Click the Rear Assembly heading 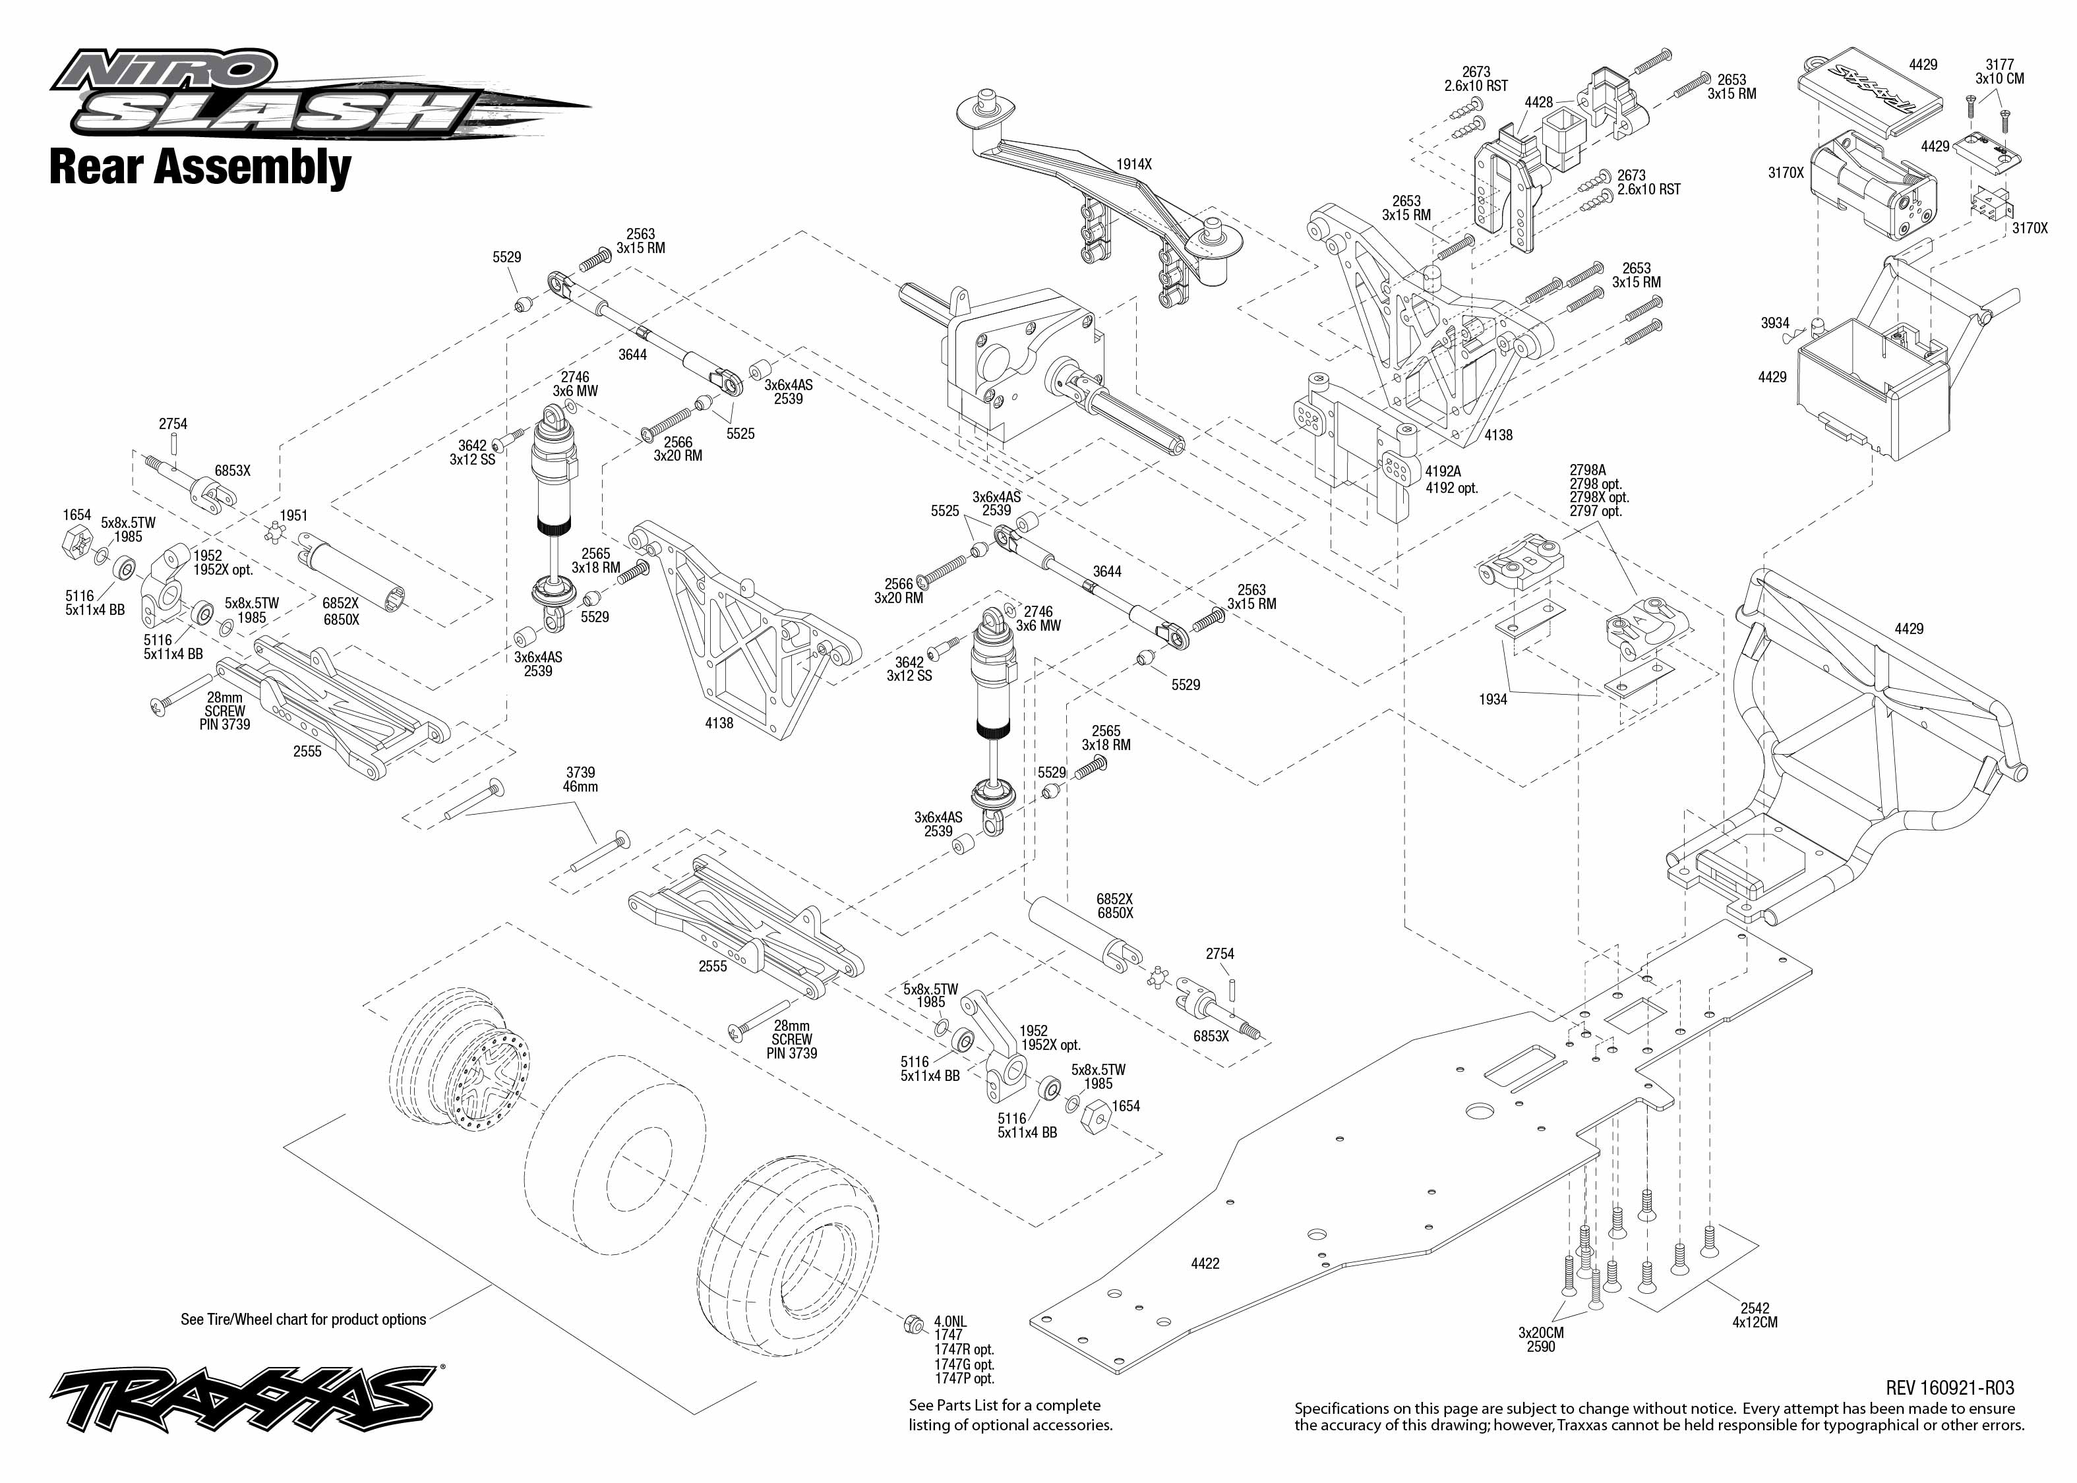point(199,167)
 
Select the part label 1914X point(1133,164)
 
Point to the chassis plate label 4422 point(1205,1263)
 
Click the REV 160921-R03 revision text point(1949,1388)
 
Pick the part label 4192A point(1443,471)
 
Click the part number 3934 point(1774,323)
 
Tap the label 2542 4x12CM point(1755,1315)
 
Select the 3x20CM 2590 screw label point(1541,1339)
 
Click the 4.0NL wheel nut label point(950,1322)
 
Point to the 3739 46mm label point(580,779)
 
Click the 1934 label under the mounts point(1492,699)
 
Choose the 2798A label point(1588,471)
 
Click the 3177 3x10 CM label point(1999,71)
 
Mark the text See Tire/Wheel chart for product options point(303,1320)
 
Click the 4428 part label point(1538,102)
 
